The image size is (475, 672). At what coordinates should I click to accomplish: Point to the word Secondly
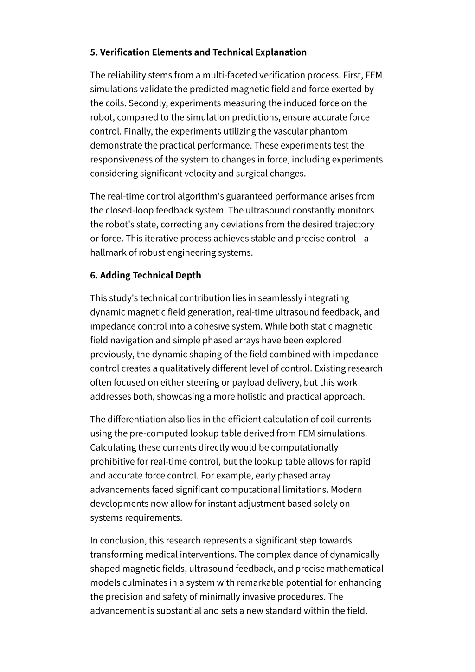point(149,103)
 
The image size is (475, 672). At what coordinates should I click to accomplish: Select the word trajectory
point(355,224)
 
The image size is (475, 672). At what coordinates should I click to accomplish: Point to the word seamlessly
point(280,298)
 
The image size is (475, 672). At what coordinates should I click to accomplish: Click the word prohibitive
point(114,461)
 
